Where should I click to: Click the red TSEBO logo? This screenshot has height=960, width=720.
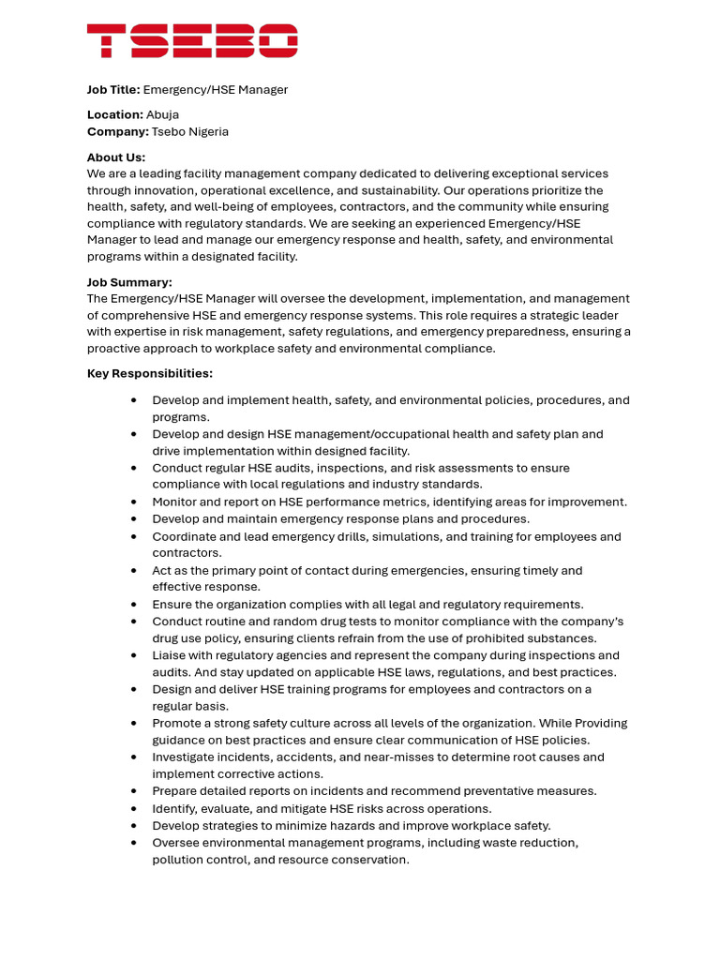coord(192,41)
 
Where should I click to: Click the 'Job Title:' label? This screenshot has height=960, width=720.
coord(113,90)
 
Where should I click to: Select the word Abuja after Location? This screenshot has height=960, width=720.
coord(162,115)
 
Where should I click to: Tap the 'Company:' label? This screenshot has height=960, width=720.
coord(117,132)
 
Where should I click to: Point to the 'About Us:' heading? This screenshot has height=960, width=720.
coord(116,157)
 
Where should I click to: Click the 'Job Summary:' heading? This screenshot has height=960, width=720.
coord(129,282)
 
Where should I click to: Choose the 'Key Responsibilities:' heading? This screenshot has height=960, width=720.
coord(150,374)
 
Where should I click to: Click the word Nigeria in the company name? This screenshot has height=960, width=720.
coord(209,132)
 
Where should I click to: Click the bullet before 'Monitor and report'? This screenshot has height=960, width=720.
coord(134,502)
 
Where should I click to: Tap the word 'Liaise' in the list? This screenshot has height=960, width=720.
coord(171,655)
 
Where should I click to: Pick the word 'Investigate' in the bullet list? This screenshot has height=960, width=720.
coord(186,757)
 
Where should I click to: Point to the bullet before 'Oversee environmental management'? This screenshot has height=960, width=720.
coord(134,843)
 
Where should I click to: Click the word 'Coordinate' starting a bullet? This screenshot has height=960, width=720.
coord(186,537)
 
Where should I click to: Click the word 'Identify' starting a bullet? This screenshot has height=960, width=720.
coord(175,809)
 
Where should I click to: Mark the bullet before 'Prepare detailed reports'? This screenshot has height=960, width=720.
coord(134,791)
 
